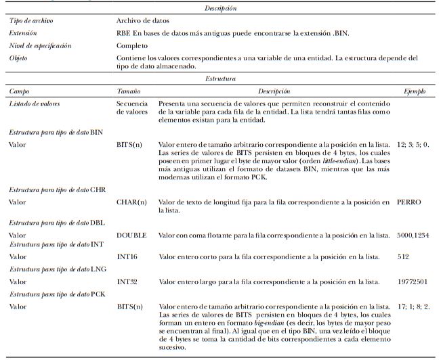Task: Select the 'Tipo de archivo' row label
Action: pyautogui.click(x=31, y=21)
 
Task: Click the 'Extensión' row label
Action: pyautogui.click(x=24, y=32)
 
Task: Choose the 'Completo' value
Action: pyautogui.click(x=131, y=46)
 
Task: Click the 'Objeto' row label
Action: pyautogui.click(x=19, y=58)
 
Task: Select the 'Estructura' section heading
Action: pyautogui.click(x=221, y=78)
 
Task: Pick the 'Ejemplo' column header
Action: pyautogui.click(x=415, y=90)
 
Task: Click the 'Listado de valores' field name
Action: pyautogui.click(x=36, y=103)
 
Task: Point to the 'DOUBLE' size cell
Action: pyautogui.click(x=131, y=234)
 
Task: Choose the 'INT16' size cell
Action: pyautogui.click(x=128, y=257)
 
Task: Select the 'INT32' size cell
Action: pyautogui.click(x=128, y=280)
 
